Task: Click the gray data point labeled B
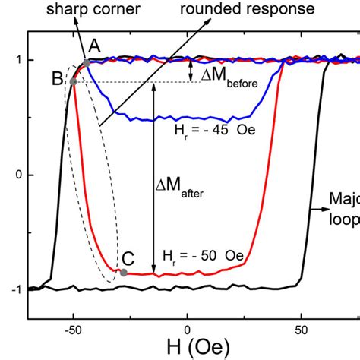(x=73, y=81)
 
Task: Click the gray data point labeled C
(x=123, y=272)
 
